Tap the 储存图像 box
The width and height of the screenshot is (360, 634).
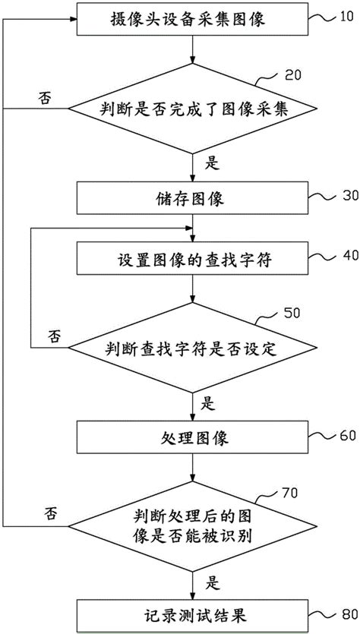coord(194,199)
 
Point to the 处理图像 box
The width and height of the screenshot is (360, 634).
coord(194,439)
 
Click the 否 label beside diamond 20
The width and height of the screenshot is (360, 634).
coord(46,97)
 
